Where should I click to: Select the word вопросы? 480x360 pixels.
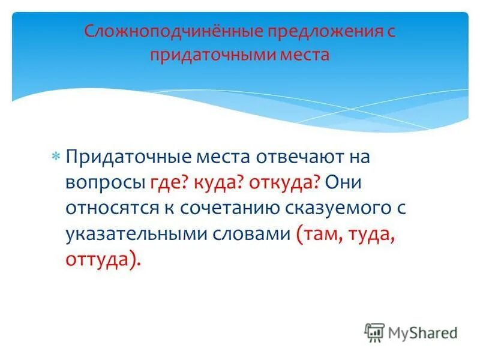click(106, 182)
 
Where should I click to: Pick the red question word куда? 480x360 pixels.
click(213, 182)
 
